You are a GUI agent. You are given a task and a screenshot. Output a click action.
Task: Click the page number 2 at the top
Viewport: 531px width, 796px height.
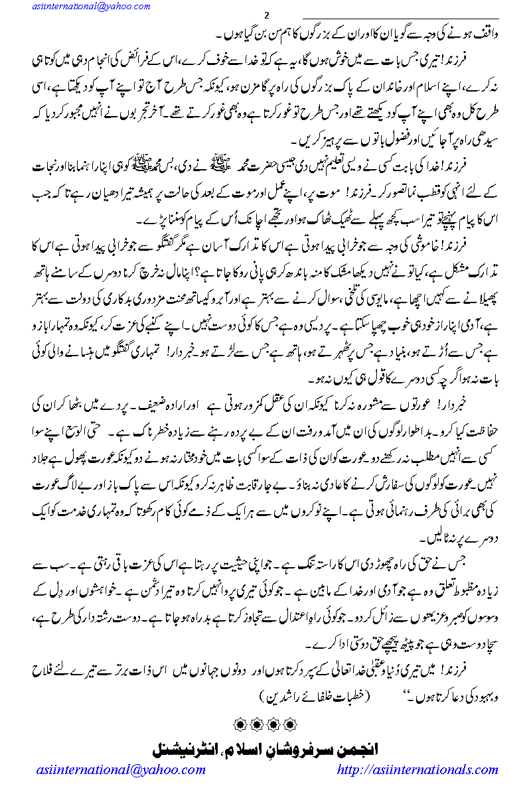pyautogui.click(x=265, y=17)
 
